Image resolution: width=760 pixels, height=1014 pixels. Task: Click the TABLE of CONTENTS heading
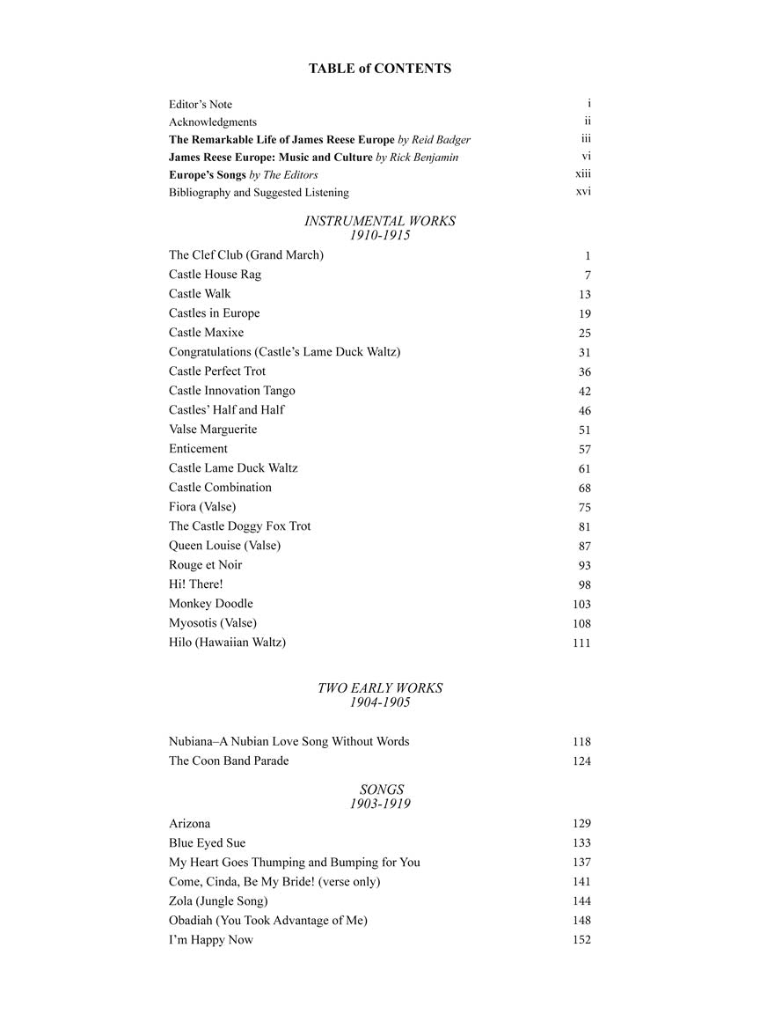click(379, 69)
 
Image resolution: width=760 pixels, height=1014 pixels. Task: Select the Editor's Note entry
click(201, 105)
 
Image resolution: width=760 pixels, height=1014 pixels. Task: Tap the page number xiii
click(582, 174)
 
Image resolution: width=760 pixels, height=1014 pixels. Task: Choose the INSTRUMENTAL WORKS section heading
click(380, 221)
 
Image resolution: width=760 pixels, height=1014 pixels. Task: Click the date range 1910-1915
click(380, 235)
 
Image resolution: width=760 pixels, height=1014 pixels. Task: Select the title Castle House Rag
click(215, 275)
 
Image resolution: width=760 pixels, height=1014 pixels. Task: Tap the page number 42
click(585, 392)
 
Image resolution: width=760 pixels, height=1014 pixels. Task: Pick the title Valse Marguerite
click(213, 430)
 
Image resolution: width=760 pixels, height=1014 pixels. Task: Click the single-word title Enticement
click(198, 449)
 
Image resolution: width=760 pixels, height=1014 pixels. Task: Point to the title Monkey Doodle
click(211, 604)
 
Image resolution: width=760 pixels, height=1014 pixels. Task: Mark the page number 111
click(581, 643)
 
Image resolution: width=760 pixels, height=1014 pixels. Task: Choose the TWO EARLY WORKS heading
click(380, 687)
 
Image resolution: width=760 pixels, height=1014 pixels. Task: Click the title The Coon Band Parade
click(229, 760)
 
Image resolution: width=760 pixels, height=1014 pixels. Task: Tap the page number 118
click(581, 742)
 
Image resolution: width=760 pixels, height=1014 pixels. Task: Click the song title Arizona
click(189, 824)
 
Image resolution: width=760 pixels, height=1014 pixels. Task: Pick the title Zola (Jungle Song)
click(218, 901)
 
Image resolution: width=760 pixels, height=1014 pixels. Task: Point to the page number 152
click(581, 940)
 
